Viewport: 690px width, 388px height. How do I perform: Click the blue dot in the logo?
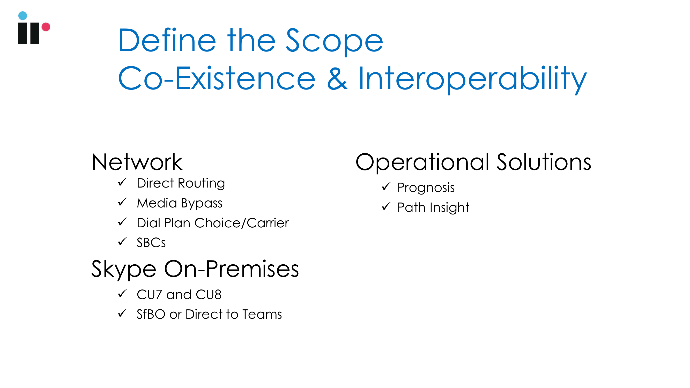[x=23, y=16]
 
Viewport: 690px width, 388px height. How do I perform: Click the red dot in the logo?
[x=46, y=27]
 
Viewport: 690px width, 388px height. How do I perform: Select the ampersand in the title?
[x=338, y=78]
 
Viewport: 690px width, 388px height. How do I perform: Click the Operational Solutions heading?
[x=473, y=163]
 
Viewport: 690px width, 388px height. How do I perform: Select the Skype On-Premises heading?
[x=195, y=269]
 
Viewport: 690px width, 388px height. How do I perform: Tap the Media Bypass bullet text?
[x=180, y=203]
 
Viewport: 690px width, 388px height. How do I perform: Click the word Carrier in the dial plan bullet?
[x=268, y=223]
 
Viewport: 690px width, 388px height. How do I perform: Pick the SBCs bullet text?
[x=151, y=243]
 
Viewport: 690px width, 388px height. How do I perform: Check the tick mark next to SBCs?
[x=122, y=242]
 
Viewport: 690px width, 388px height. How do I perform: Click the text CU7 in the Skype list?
[x=150, y=295]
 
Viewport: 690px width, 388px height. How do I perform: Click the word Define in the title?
[x=167, y=40]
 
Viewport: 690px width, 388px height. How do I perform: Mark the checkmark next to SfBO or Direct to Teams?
[x=122, y=313]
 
